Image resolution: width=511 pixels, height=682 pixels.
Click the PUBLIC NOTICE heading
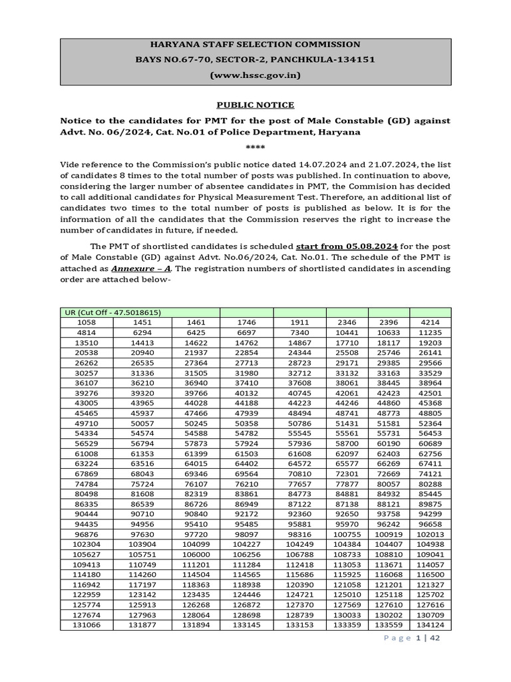[255, 105]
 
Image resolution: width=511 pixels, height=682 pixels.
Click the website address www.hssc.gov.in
[255, 76]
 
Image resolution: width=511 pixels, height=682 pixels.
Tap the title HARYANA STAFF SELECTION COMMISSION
[255, 45]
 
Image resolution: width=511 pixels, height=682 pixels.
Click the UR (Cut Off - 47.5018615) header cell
[113, 312]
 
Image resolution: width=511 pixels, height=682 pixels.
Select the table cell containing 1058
[88, 322]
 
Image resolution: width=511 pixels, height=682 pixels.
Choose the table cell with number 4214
[430, 322]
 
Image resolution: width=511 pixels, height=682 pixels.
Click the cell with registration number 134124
[430, 625]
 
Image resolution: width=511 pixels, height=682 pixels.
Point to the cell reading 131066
[88, 625]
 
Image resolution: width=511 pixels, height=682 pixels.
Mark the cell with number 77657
[299, 484]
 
